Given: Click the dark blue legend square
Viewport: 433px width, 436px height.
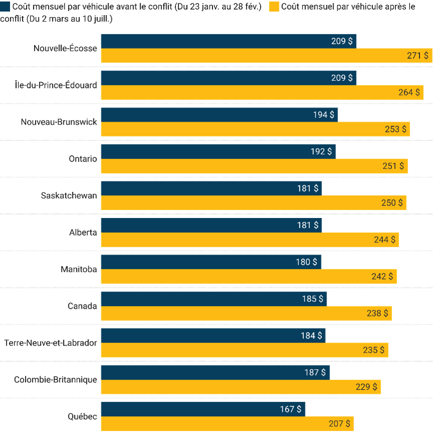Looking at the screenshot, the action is pyautogui.click(x=5, y=7).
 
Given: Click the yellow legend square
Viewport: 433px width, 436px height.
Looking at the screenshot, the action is pyautogui.click(x=274, y=7).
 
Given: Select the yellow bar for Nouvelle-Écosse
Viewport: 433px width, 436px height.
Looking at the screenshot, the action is pyautogui.click(x=266, y=55).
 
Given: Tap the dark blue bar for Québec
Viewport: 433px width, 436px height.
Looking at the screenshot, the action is pyautogui.click(x=203, y=409).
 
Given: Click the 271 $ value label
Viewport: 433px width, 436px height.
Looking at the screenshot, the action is pyautogui.click(x=417, y=56).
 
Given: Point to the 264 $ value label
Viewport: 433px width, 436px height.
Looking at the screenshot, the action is pyautogui.click(x=409, y=92).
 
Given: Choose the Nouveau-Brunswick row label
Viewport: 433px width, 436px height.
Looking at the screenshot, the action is pyautogui.click(x=59, y=122).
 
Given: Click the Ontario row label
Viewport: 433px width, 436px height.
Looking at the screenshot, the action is pyautogui.click(x=83, y=159).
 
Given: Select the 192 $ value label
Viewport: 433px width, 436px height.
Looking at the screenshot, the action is pyautogui.click(x=321, y=151).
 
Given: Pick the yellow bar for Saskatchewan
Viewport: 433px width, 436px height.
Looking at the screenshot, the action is pyautogui.click(x=254, y=203).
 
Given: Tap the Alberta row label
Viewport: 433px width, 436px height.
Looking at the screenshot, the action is pyautogui.click(x=83, y=232).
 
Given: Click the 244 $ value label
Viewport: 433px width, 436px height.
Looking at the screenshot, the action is pyautogui.click(x=384, y=240).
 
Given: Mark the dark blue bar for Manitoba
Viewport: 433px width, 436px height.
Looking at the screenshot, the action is pyautogui.click(x=211, y=262).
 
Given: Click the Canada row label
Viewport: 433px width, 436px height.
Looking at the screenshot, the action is pyautogui.click(x=82, y=306).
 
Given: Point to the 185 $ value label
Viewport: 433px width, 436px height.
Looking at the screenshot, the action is pyautogui.click(x=312, y=299).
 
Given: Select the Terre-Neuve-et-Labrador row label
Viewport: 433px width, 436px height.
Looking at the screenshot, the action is pyautogui.click(x=50, y=343).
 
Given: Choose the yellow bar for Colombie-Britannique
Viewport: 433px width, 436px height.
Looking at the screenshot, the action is pyautogui.click(x=241, y=387).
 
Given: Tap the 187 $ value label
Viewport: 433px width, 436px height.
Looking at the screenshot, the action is pyautogui.click(x=315, y=372).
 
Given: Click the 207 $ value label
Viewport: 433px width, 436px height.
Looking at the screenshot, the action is pyautogui.click(x=339, y=423).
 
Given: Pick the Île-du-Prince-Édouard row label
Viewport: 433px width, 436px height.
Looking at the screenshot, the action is pyautogui.click(x=56, y=85).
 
